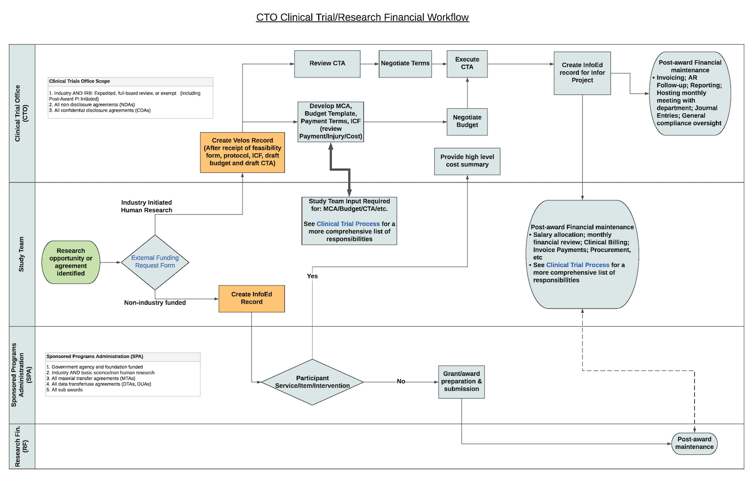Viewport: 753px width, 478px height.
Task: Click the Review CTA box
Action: (327, 64)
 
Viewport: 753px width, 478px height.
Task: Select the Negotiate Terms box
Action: (405, 64)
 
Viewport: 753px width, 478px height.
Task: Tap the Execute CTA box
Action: (467, 64)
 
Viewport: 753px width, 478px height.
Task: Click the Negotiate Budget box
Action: (467, 122)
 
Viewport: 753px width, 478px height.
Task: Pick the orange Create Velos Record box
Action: (242, 152)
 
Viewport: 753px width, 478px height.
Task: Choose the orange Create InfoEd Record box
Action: (252, 299)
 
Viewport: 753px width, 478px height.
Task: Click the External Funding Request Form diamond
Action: (155, 262)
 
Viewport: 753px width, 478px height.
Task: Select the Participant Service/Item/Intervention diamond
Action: (312, 382)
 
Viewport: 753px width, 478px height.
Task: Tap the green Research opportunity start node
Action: (71, 262)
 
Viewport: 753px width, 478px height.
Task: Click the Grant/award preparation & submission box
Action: (461, 381)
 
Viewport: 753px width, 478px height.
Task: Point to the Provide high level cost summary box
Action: (467, 161)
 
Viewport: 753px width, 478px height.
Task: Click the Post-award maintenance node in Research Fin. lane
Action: (694, 443)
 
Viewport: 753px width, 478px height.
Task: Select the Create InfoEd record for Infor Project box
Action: (582, 73)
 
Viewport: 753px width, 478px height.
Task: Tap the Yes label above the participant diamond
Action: (312, 276)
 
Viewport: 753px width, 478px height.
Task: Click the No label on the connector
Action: (401, 381)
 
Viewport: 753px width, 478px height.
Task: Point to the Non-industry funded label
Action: (155, 303)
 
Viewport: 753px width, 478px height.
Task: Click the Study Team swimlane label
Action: (22, 254)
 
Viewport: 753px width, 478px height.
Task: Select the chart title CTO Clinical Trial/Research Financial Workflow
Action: (362, 18)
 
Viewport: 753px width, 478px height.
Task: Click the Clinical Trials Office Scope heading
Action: (79, 81)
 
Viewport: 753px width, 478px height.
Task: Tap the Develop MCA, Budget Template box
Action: (330, 122)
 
